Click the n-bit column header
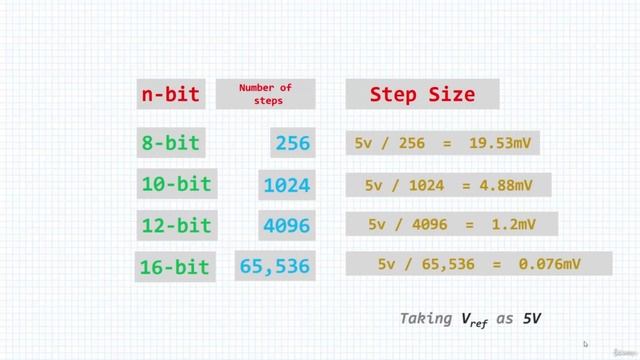tap(168, 95)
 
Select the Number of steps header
tap(264, 94)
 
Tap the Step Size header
tap(421, 95)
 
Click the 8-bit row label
tap(170, 143)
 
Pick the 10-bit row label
tap(175, 184)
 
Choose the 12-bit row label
tap(175, 225)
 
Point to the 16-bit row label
tap(174, 267)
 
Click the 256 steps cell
tap(292, 144)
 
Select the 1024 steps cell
tap(286, 185)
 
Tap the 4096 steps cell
tap(287, 226)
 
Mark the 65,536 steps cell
tap(276, 267)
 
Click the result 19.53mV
tap(499, 144)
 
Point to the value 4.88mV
tap(509, 185)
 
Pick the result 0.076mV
tap(549, 264)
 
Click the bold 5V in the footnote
tap(532, 318)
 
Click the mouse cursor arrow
tap(586, 344)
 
